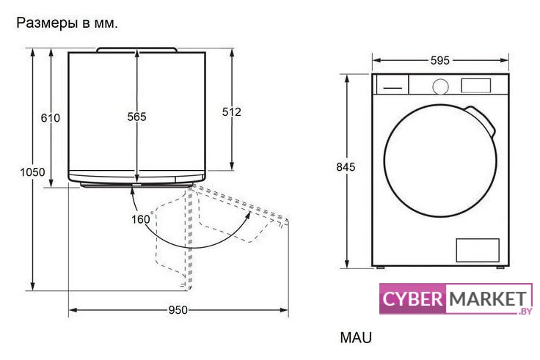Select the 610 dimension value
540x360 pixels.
(50, 117)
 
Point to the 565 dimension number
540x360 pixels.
(136, 117)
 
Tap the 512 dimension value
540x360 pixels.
(232, 111)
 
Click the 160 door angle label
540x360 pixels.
(140, 218)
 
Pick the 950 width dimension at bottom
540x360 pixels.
(178, 309)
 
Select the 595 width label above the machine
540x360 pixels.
(439, 61)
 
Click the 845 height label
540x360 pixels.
(346, 167)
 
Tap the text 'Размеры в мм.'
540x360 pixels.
(67, 23)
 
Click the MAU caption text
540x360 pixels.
(356, 338)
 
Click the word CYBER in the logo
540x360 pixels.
(413, 300)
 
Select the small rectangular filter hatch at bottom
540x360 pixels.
(478, 250)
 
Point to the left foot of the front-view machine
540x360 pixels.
(379, 268)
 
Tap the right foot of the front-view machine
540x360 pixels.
(500, 268)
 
